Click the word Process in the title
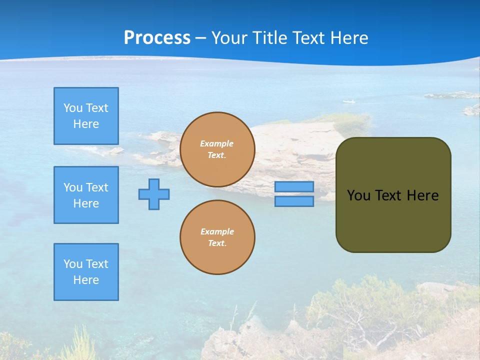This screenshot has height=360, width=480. tap(157, 38)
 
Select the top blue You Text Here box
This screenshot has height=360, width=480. tap(86, 116)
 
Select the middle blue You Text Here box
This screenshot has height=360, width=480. tap(86, 195)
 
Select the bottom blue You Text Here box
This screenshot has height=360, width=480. tap(86, 272)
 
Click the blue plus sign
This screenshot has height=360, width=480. tap(154, 194)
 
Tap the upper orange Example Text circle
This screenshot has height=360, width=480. tap(217, 149)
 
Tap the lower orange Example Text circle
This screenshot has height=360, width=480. tap(217, 237)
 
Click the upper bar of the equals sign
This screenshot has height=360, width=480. tap(294, 187)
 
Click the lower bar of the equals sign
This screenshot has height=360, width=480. tap(294, 201)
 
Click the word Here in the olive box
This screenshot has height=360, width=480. tap(422, 195)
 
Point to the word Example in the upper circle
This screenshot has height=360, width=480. tap(217, 143)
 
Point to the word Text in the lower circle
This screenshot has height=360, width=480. tap(217, 243)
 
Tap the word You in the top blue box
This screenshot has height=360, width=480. tap(72, 108)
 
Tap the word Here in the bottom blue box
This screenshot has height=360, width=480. tap(86, 280)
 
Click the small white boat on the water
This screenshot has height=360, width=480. tap(349, 102)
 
